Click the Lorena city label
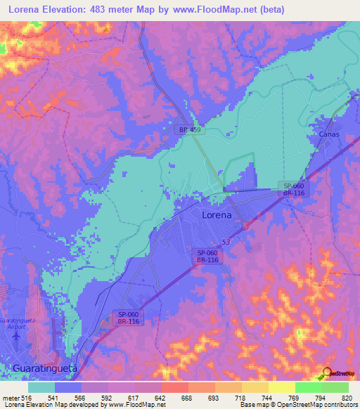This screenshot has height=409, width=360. coord(217,215)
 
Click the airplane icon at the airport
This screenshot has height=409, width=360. coord(16,337)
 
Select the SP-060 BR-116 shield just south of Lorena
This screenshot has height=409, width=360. coord(207,257)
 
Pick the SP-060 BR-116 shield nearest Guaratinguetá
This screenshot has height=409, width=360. coord(127,318)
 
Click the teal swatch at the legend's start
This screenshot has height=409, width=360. coord(41,387)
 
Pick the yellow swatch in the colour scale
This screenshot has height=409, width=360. coord(282,387)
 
